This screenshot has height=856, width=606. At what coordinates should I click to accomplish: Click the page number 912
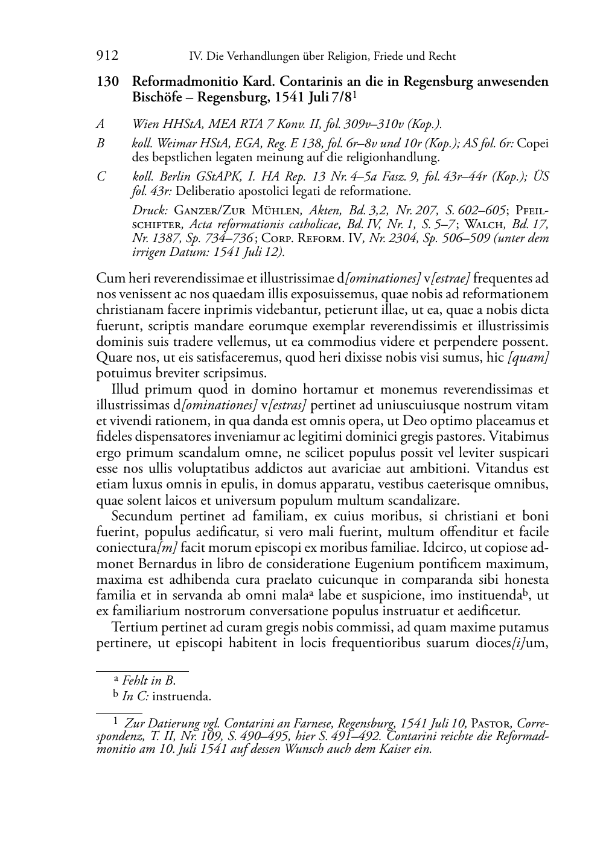(107, 56)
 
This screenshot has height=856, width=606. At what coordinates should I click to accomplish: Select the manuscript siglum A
(100, 124)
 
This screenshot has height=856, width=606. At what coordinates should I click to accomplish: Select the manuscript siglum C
(100, 176)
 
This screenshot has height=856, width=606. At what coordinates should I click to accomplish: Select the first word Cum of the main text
(107, 278)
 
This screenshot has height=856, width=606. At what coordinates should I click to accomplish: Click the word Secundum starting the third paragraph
(141, 516)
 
